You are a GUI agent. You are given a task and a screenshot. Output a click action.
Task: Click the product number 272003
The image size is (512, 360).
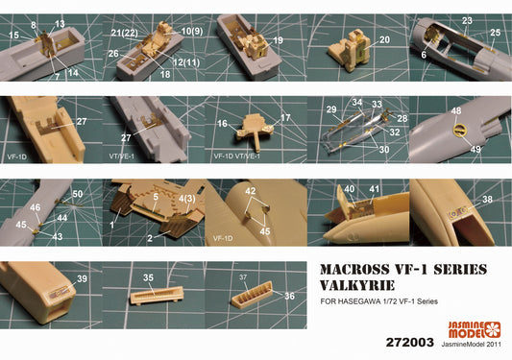pos(410,343)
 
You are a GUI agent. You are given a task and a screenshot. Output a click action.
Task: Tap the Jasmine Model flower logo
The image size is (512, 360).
pos(492,329)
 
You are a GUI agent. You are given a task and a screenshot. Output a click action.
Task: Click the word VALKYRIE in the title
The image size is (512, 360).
pos(357,285)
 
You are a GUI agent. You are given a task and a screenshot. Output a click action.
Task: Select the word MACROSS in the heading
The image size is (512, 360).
pos(354,270)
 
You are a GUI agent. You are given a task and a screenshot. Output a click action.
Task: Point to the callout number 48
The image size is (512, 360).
pos(456,111)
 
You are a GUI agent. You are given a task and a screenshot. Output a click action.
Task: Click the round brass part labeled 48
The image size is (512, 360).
pos(459,130)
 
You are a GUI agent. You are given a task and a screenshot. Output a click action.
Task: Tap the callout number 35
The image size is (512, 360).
pos(148,277)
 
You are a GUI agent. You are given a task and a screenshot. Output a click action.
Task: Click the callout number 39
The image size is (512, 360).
pos(82,278)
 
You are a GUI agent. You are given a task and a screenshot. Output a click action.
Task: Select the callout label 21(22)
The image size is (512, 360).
pos(125,33)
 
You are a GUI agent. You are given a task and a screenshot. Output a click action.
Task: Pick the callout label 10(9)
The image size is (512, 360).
pos(192,31)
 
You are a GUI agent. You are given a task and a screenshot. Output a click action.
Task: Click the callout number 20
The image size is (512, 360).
pos(384,39)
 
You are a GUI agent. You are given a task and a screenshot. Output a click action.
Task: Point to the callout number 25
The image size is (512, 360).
pos(496,33)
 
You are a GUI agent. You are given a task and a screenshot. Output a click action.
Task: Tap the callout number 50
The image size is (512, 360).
pos(78,194)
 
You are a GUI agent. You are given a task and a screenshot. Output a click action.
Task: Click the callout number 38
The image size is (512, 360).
pos(487,199)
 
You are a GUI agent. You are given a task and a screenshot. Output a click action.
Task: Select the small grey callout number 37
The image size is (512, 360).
pos(243,277)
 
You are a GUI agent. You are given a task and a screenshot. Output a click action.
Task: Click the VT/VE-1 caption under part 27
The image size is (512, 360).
pos(122,156)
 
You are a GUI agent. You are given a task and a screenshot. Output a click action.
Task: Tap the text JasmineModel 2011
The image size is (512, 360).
pos(472,344)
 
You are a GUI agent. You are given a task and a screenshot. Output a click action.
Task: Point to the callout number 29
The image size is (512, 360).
pos(331,109)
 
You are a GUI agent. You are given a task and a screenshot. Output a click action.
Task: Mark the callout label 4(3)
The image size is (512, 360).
pos(186,199)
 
